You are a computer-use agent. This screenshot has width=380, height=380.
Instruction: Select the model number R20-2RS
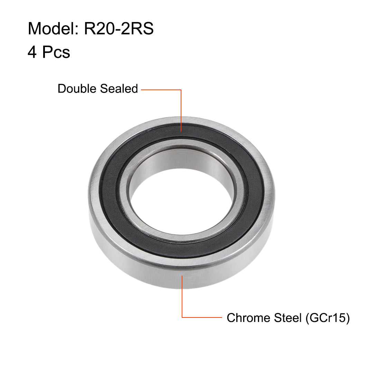tap(119, 28)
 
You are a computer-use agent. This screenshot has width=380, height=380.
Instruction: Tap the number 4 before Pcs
tap(32, 53)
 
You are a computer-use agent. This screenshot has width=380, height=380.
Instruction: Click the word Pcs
tap(56, 53)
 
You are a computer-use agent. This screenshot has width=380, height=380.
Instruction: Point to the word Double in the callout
tap(77, 89)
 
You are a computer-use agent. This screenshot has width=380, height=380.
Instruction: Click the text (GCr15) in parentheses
tap(327, 318)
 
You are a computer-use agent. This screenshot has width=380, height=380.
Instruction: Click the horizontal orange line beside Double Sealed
tap(161, 90)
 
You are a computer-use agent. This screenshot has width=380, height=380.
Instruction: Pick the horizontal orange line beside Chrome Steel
tap(202, 317)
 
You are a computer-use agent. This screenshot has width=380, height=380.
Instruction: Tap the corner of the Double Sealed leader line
tap(181, 90)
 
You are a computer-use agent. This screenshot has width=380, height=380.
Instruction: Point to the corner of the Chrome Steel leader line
tap(182, 317)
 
